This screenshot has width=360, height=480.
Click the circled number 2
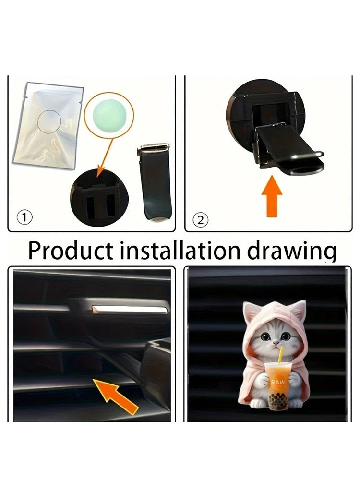click(x=201, y=220)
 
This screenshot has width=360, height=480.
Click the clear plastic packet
click(x=48, y=125)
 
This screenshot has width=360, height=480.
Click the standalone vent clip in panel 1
click(x=155, y=181)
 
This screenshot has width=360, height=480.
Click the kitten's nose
click(x=276, y=344)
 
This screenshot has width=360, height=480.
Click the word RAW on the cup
click(x=277, y=382)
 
